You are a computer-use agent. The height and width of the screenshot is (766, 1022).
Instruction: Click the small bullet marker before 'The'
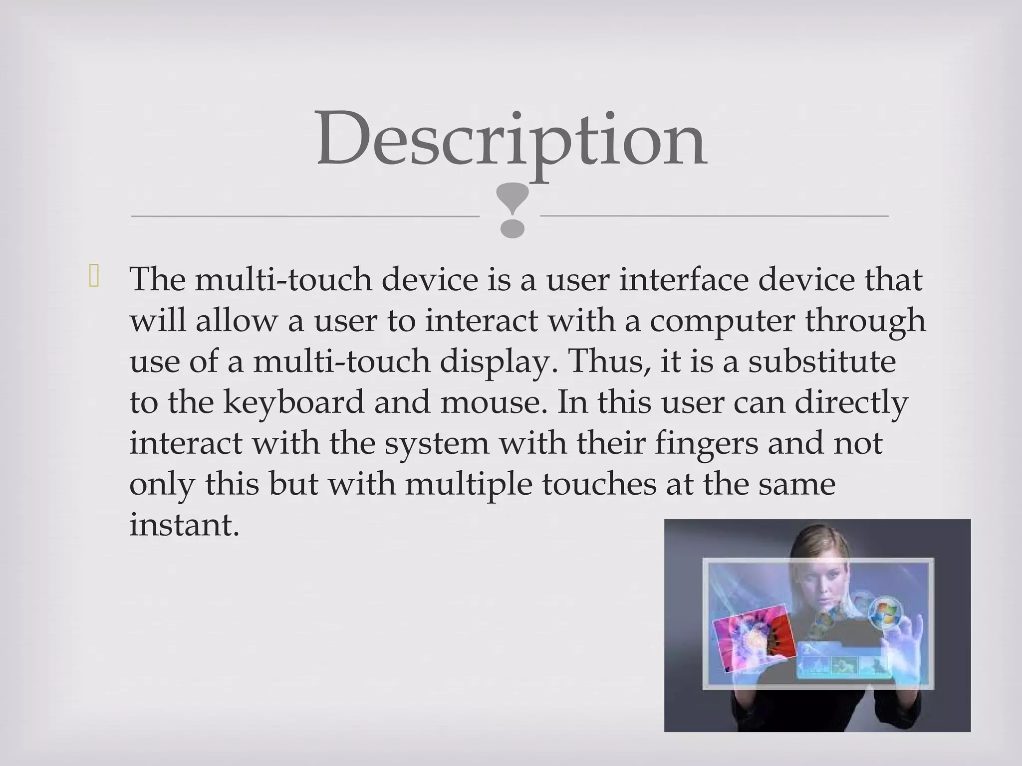94,278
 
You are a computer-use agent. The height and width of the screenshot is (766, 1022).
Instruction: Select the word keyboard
293,402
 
